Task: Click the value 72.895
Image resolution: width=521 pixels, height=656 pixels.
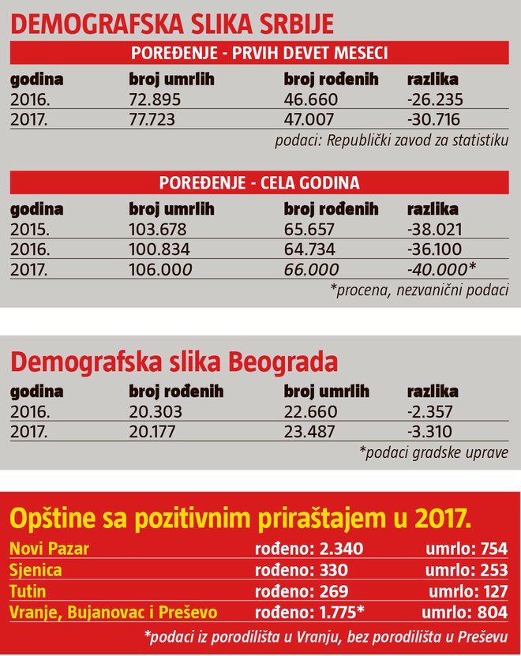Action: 155,99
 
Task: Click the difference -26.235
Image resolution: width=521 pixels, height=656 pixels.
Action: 434,99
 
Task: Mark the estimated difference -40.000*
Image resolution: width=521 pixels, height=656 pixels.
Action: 441,268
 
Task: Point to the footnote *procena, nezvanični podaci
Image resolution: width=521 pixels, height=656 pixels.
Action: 419,290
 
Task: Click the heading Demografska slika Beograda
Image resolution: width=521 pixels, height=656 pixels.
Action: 174,362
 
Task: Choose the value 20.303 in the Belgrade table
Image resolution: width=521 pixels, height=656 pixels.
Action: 155,411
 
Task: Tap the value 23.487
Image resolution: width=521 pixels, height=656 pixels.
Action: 310,430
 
